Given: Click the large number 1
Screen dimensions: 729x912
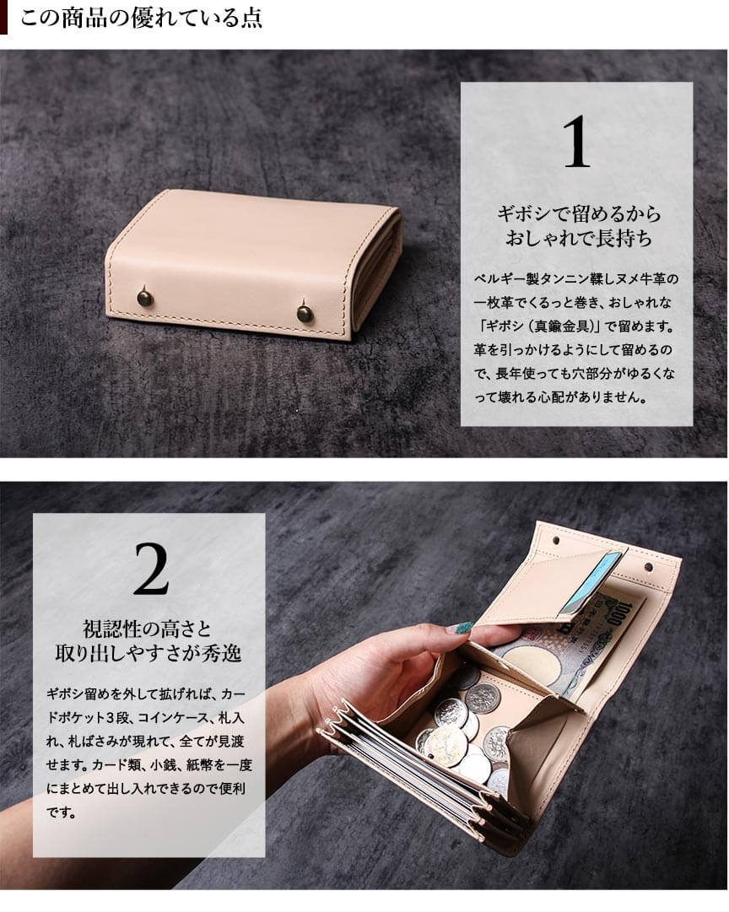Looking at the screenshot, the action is pos(576,142).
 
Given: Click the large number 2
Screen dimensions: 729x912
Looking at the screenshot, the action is pos(151,569).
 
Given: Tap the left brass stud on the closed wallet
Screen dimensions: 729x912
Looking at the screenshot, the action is pos(145,298).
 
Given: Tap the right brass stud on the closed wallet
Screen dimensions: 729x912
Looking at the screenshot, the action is pos(305,314).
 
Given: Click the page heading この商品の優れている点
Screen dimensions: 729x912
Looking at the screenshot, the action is pos(141,18).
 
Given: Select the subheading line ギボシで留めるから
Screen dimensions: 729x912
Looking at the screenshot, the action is pos(579,214).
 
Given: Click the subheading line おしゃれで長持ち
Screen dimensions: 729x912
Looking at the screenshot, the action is pos(579,239).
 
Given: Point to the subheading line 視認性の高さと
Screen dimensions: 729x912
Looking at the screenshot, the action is pos(147,629).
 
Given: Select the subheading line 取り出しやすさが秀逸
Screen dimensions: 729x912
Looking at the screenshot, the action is pos(148,654).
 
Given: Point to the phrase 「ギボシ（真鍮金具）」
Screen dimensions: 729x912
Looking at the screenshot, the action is pos(538,326).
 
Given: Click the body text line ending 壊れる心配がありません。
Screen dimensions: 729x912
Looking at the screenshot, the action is pos(559,398).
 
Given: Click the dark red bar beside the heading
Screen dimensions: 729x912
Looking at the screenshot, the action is pos(3,18).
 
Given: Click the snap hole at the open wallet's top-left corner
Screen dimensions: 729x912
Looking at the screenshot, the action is pos(558,541).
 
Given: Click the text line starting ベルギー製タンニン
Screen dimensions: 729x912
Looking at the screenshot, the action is pos(576,279).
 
